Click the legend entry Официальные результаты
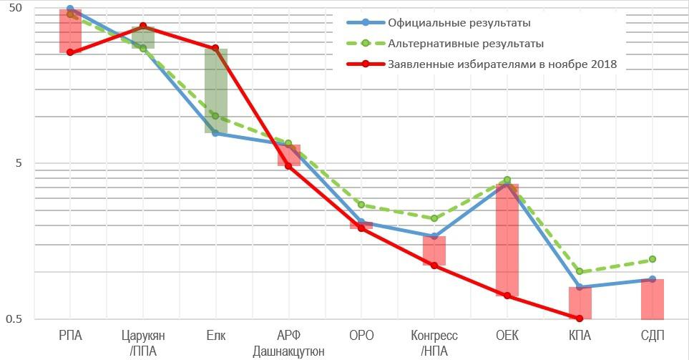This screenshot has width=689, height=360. [458, 22]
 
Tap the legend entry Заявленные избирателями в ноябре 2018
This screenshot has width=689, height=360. [502, 64]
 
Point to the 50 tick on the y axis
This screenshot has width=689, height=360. [14, 8]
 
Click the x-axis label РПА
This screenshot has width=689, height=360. [70, 336]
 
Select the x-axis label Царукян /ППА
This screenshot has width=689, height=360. [143, 343]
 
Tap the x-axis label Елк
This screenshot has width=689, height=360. [215, 336]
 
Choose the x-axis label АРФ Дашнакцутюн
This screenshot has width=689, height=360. [288, 343]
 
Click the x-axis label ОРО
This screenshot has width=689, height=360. [361, 336]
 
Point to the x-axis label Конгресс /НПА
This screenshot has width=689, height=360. [434, 343]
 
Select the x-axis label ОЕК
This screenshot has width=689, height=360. [507, 336]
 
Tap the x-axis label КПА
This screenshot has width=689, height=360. [580, 336]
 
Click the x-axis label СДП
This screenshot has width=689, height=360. [652, 336]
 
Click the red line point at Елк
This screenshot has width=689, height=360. [215, 48]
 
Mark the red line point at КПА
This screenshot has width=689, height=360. [580, 318]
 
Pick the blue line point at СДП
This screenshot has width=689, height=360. [652, 279]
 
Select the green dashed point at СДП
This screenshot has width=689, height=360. [652, 259]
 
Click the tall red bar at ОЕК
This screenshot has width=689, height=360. [507, 240]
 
